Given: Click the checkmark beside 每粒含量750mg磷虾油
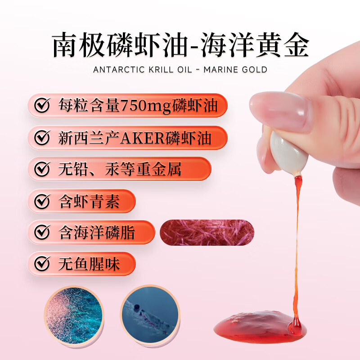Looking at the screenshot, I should tap(42, 106).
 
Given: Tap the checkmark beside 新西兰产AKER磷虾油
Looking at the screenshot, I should tap(42, 138).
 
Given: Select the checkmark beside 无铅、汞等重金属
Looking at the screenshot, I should tap(42, 169).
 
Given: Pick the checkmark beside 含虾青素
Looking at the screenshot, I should tap(42, 201).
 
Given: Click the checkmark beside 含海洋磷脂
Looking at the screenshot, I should tap(42, 233).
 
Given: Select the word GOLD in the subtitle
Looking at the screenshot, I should tap(253, 70).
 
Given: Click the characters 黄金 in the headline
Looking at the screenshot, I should tap(286, 45).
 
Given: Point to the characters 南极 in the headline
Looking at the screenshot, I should tap(76, 45).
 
